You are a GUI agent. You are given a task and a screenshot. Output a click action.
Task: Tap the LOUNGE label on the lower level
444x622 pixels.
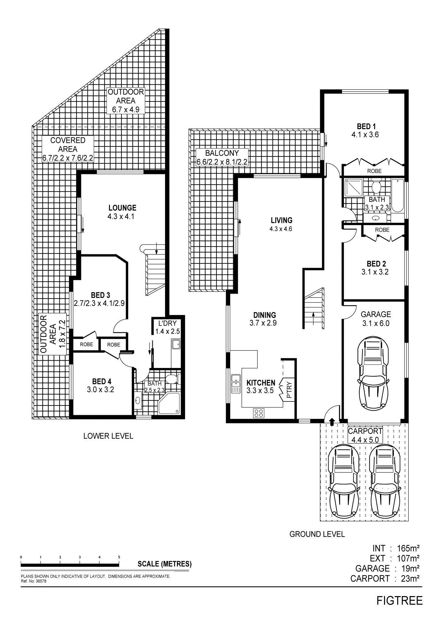pyautogui.click(x=122, y=208)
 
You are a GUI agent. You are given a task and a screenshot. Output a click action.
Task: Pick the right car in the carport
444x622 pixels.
pyautogui.click(x=385, y=481)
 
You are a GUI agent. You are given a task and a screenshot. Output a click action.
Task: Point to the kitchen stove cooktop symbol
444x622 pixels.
pyautogui.click(x=259, y=413)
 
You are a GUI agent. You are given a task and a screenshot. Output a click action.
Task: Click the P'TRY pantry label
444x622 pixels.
pyautogui.click(x=289, y=391)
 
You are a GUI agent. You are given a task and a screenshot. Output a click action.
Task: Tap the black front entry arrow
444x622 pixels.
pyautogui.click(x=332, y=422)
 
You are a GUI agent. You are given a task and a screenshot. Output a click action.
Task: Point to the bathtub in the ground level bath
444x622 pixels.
pyautogui.click(x=397, y=196)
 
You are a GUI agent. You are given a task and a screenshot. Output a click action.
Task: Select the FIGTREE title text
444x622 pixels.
pyautogui.click(x=400, y=600)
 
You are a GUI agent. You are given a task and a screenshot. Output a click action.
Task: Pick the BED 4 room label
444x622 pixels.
pyautogui.click(x=101, y=381)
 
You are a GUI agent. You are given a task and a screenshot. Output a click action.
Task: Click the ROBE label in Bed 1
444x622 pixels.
pyautogui.click(x=374, y=171)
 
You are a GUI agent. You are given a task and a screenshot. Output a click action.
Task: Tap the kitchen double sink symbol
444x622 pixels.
pyautogui.click(x=236, y=384)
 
